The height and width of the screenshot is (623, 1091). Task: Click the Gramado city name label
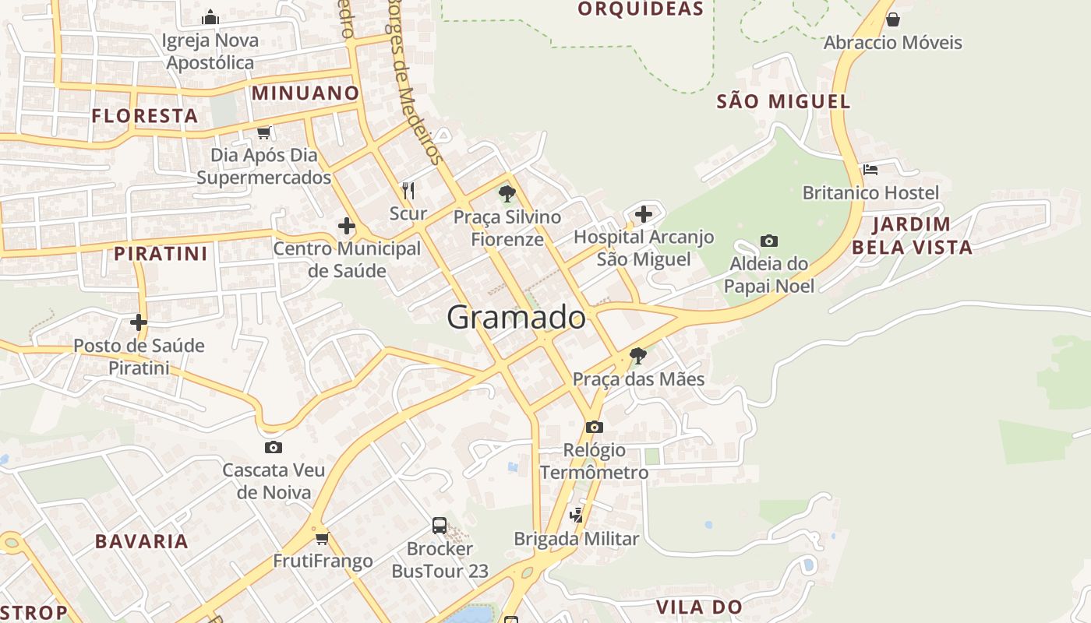(x=516, y=318)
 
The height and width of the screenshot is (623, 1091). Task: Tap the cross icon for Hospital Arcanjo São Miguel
(x=644, y=213)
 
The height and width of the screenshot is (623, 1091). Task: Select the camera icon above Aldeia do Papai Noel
(x=769, y=241)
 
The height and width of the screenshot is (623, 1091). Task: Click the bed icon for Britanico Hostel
(x=870, y=169)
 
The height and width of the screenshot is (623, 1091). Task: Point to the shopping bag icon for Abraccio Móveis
(x=893, y=19)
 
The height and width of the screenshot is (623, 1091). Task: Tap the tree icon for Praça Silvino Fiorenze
(x=507, y=193)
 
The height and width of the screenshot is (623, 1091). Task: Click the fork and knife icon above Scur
(x=408, y=190)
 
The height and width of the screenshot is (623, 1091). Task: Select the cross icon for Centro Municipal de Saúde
(x=347, y=227)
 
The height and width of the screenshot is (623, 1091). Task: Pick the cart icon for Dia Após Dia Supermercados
(x=263, y=132)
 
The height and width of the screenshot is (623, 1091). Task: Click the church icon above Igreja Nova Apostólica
(x=210, y=17)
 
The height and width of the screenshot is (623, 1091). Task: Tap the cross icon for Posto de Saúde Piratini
(x=139, y=322)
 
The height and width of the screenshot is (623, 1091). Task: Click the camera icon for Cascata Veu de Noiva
(x=273, y=447)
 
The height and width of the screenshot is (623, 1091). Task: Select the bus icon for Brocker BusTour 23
(x=440, y=526)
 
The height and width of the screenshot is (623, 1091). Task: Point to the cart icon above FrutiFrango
(x=323, y=538)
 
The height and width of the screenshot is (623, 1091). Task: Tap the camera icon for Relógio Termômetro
(x=595, y=427)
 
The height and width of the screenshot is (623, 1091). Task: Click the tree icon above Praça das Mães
(x=638, y=356)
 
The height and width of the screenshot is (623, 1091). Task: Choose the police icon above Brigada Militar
(x=577, y=515)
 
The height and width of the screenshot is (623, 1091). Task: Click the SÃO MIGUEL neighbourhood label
(x=783, y=101)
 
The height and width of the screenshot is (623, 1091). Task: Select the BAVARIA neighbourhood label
(x=142, y=542)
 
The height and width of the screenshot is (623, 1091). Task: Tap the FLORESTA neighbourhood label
(x=145, y=117)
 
